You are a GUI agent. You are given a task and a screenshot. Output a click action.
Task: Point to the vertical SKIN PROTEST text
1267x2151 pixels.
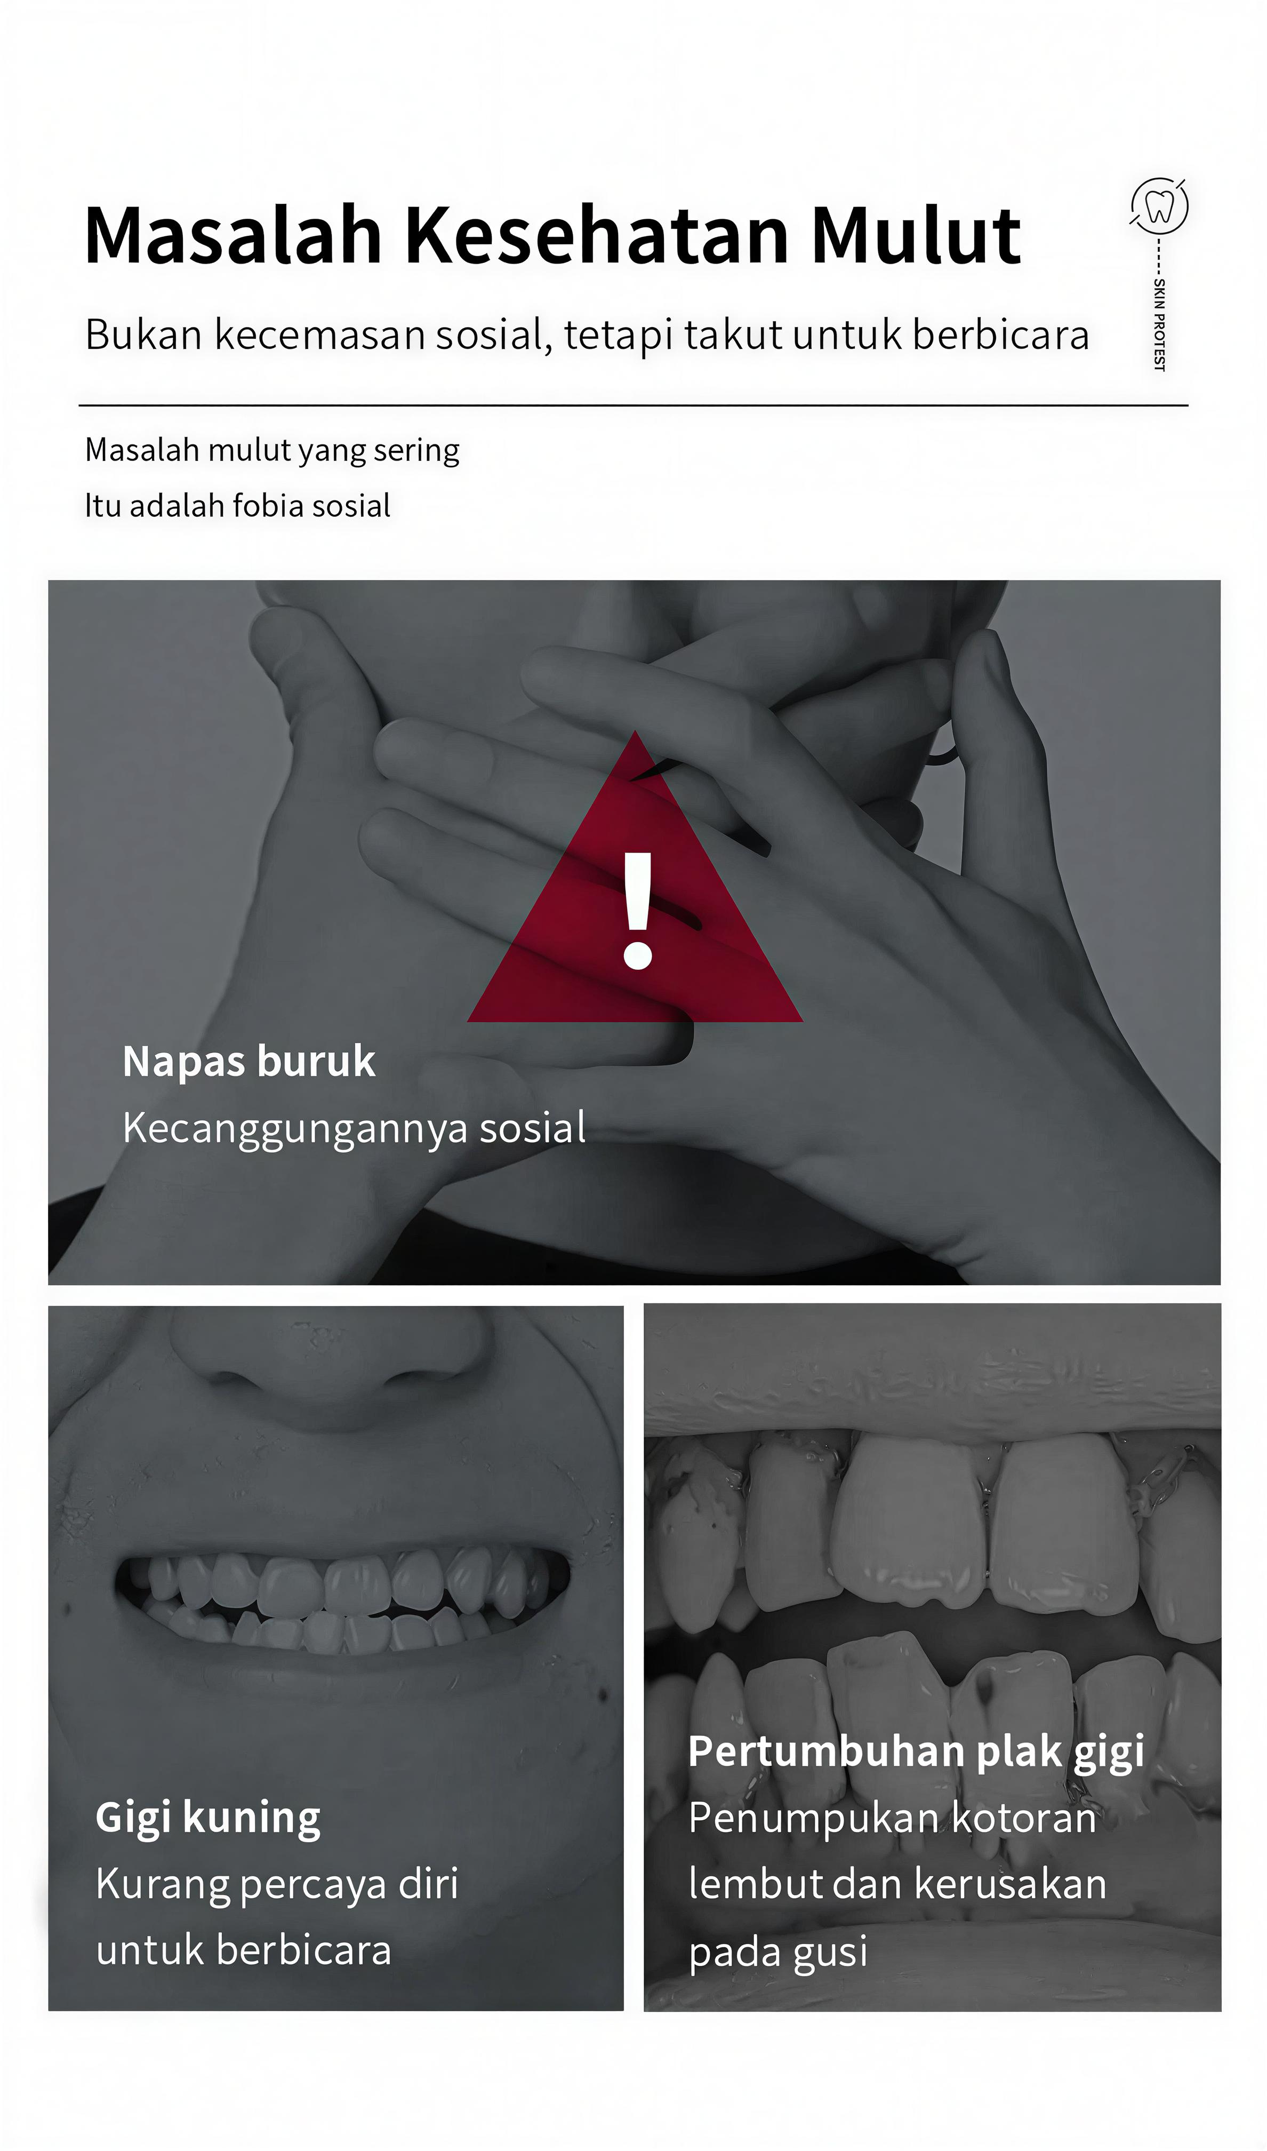pyautogui.click(x=1159, y=324)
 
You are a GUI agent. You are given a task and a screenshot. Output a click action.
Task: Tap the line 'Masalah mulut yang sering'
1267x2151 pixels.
pyautogui.click(x=271, y=450)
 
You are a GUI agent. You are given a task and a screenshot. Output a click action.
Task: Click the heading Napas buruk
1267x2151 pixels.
pyautogui.click(x=248, y=1062)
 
